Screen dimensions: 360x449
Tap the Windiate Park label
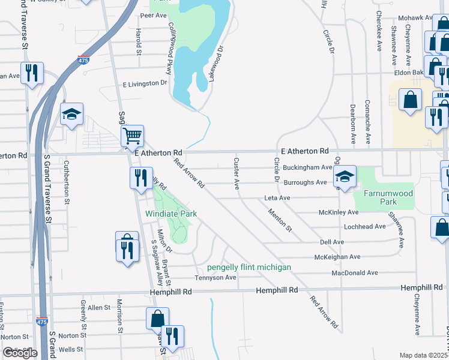172,214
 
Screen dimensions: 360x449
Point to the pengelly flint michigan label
249,267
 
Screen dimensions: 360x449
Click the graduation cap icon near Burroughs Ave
345,176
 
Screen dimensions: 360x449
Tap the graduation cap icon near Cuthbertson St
71,115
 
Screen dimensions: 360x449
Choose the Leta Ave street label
277,197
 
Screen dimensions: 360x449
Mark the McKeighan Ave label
337,257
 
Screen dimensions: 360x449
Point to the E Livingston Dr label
145,83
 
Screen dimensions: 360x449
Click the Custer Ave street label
237,173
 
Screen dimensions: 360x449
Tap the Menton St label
280,220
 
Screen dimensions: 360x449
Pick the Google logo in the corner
20,353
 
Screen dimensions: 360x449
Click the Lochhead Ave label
365,226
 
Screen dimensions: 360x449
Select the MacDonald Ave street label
355,272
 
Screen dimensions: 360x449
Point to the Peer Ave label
152,15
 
